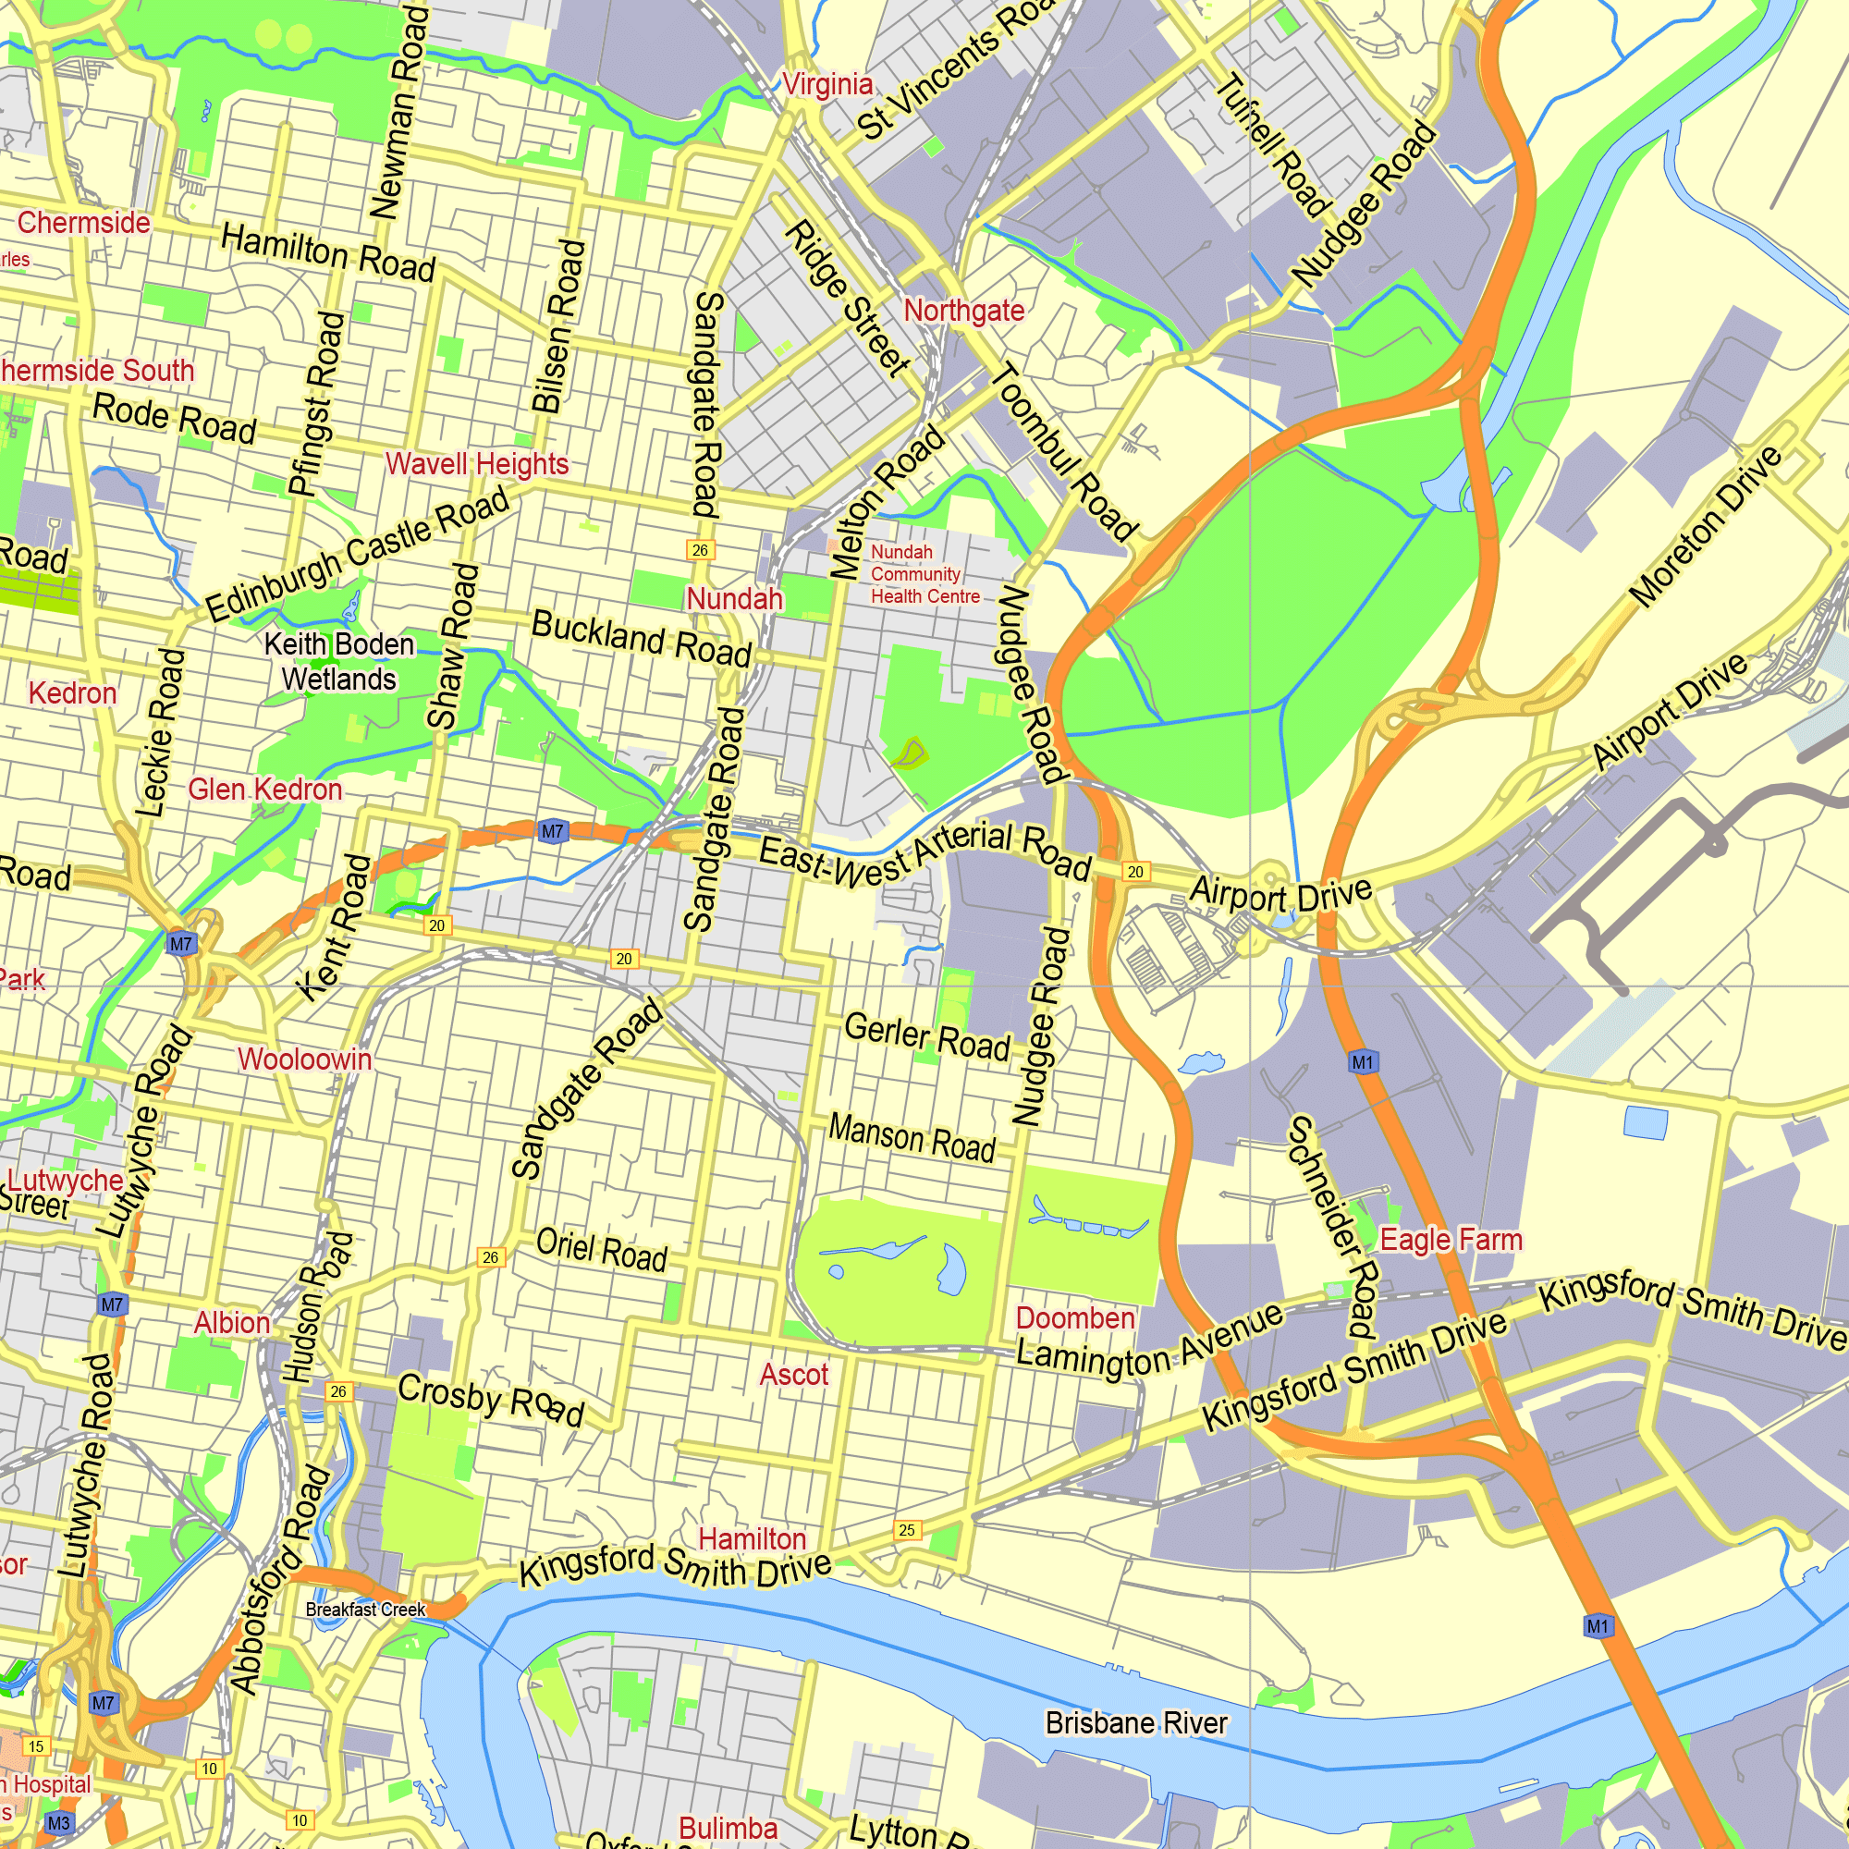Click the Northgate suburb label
pos(963,310)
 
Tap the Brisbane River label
pos(1136,1722)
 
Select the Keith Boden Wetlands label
pos(338,661)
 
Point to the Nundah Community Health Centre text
pos(924,574)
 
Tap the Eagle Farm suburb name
pos(1450,1240)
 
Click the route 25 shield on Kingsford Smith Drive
pos(906,1530)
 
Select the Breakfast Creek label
pos(364,1610)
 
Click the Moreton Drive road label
pos(1707,526)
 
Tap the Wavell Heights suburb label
pos(477,464)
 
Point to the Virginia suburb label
pos(827,84)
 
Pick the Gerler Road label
pos(926,1037)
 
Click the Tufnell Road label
pos(1273,143)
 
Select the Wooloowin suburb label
pos(304,1059)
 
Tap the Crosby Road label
pos(490,1399)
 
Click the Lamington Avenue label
pos(1148,1338)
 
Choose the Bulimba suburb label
pos(728,1828)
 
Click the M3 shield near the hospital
pos(58,1822)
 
